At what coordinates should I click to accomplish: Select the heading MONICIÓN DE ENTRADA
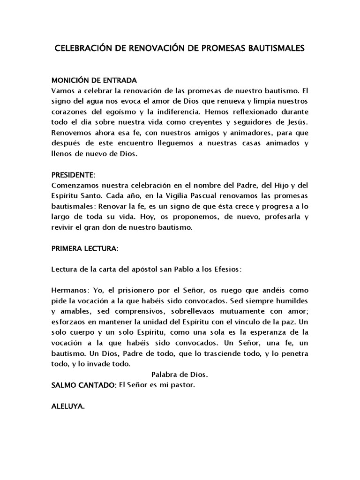(94, 80)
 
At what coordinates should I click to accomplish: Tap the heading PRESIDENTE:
(73, 175)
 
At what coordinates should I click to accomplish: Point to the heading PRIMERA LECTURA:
(85, 249)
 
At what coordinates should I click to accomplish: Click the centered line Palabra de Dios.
(180, 375)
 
